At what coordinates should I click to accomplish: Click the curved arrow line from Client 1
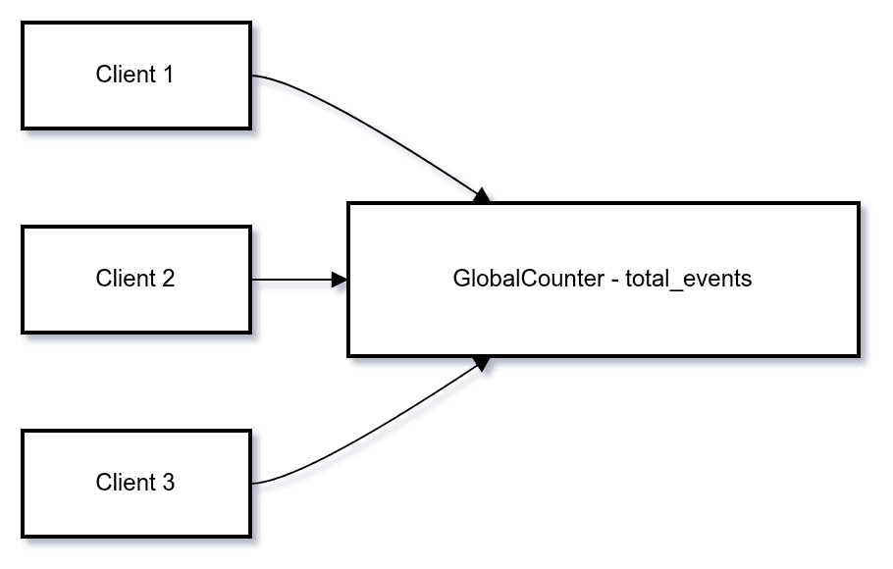tap(373, 128)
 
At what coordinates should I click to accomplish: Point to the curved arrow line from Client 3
tap(373, 432)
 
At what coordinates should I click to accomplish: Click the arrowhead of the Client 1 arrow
tap(481, 196)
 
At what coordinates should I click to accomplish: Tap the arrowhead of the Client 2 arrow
tap(340, 280)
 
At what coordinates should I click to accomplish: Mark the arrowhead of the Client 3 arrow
tap(481, 363)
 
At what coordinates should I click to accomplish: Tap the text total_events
tap(688, 279)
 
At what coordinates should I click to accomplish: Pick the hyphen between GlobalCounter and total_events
tap(615, 280)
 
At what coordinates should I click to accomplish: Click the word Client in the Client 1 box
tap(124, 75)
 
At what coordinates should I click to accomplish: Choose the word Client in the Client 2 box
tap(124, 279)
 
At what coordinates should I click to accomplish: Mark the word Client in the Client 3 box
tap(124, 483)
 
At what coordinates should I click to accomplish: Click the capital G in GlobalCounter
tap(461, 279)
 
